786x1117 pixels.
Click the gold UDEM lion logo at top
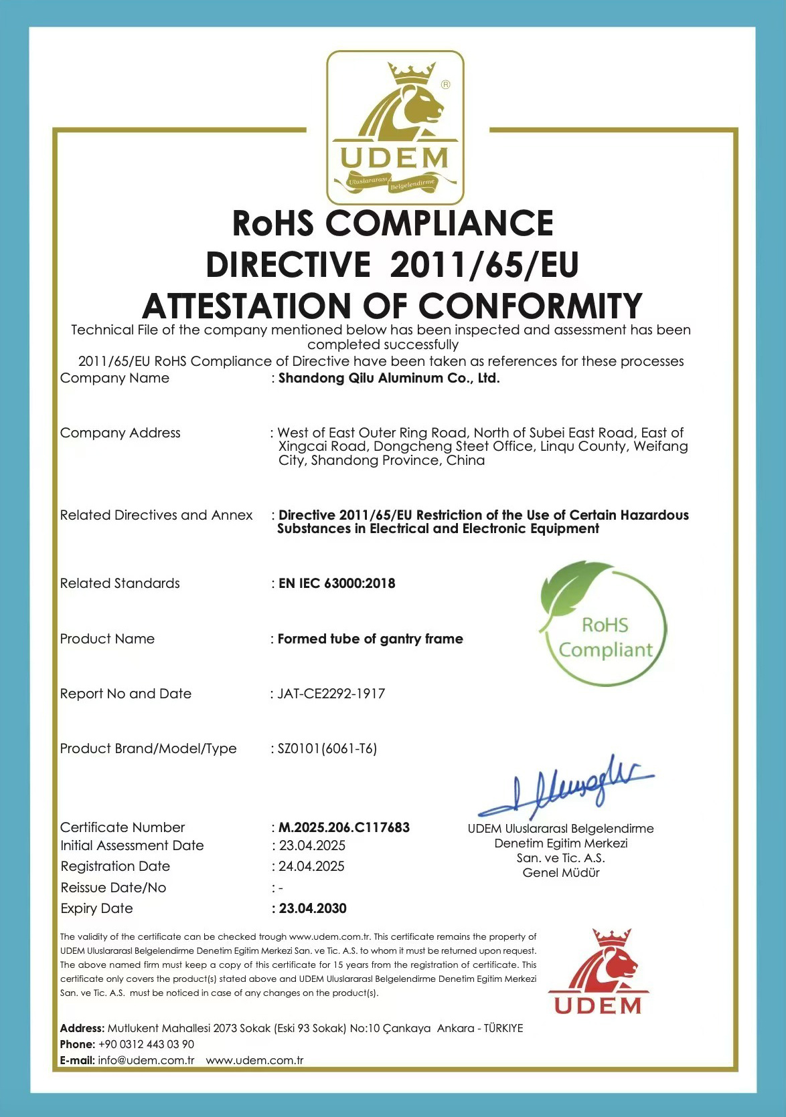(x=395, y=127)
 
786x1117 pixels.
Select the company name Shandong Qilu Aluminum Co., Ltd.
(x=389, y=378)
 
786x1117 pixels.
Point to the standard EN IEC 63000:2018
(x=337, y=583)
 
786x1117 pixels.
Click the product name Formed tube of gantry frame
(x=370, y=639)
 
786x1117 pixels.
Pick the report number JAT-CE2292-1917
(x=331, y=694)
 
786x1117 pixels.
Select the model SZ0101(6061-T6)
(x=327, y=748)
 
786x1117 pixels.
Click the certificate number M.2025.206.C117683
(x=344, y=827)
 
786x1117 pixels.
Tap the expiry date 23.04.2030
(x=313, y=908)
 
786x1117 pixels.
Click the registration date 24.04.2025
(x=311, y=866)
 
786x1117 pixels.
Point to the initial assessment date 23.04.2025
(x=312, y=845)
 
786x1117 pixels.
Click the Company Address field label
(x=121, y=433)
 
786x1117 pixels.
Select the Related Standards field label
(x=120, y=583)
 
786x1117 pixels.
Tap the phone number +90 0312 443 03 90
(x=146, y=1044)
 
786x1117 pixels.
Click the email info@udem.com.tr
(x=146, y=1060)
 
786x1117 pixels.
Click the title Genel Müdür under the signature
(x=561, y=873)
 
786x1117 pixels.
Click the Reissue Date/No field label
(x=113, y=888)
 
